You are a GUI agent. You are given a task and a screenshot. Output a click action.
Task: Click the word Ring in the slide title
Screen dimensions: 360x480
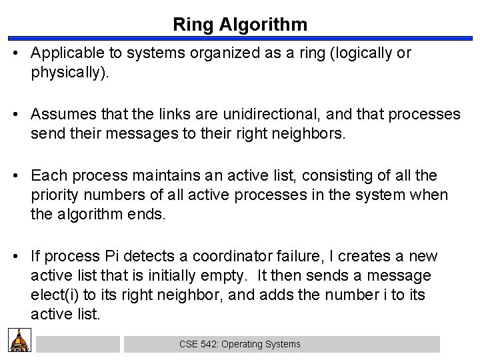[x=192, y=25]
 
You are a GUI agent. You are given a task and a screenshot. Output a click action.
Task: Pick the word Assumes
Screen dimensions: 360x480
[x=59, y=115]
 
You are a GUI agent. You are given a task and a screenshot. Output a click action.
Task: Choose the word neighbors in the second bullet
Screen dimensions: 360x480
[x=310, y=133]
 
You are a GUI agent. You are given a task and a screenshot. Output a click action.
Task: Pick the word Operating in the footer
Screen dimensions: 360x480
[x=244, y=344]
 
